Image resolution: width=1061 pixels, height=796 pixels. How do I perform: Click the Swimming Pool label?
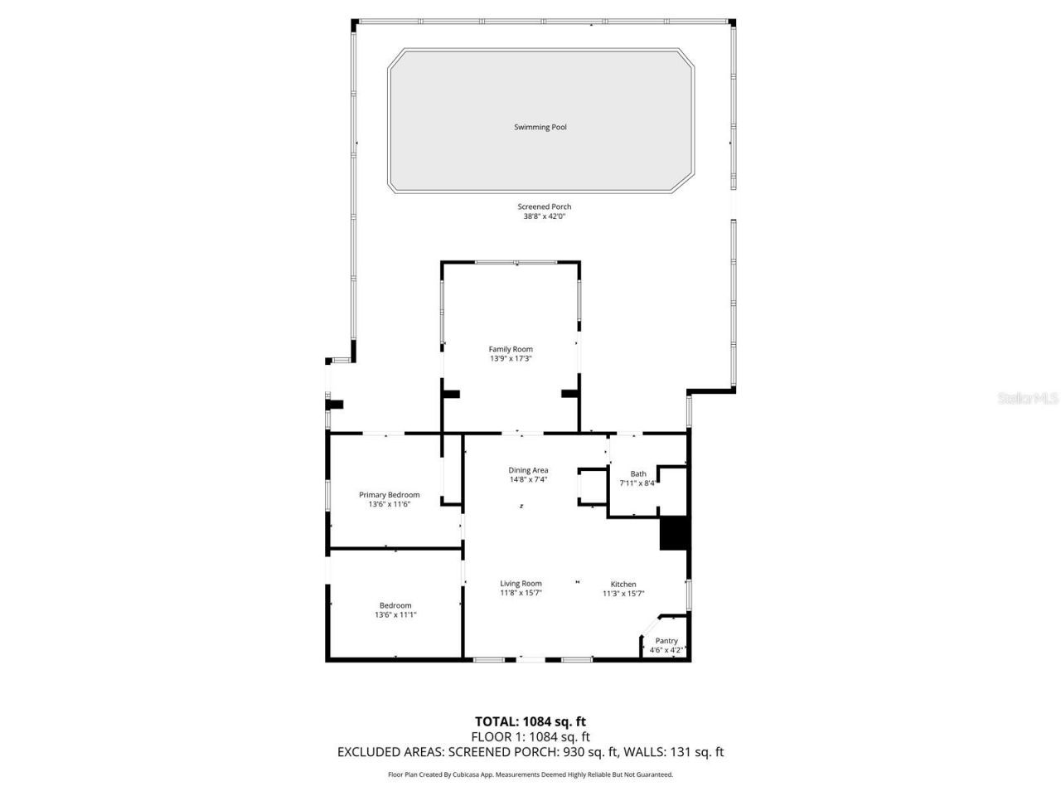[x=540, y=127]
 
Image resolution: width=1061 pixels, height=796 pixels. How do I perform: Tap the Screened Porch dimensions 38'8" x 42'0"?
[x=544, y=217]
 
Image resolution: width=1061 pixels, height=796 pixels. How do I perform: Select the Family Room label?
[x=511, y=349]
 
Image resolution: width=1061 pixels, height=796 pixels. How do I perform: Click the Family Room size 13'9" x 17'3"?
[x=511, y=359]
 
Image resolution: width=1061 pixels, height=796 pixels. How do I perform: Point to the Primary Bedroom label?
[x=390, y=495]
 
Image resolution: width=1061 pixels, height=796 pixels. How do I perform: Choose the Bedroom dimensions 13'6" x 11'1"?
[x=395, y=615]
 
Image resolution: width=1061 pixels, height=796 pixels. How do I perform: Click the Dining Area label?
[x=529, y=470]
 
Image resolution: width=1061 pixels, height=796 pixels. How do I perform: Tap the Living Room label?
[x=521, y=584]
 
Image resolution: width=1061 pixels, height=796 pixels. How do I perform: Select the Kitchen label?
[x=623, y=585]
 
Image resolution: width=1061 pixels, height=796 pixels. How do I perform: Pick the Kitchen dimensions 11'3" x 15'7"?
[x=623, y=594]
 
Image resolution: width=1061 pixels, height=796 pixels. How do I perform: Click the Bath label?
[x=638, y=473]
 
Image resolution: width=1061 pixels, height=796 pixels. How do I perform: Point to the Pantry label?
[x=666, y=641]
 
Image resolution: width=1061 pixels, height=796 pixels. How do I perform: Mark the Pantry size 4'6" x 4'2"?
[x=666, y=650]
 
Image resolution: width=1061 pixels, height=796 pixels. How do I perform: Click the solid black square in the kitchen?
[x=674, y=533]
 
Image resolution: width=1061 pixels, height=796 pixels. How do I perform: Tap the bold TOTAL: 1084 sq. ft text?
[x=530, y=721]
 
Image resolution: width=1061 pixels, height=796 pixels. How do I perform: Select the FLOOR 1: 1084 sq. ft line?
[x=530, y=736]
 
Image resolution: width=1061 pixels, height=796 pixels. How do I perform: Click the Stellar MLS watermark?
[x=1028, y=399]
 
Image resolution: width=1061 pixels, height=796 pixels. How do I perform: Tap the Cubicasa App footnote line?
[x=530, y=774]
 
